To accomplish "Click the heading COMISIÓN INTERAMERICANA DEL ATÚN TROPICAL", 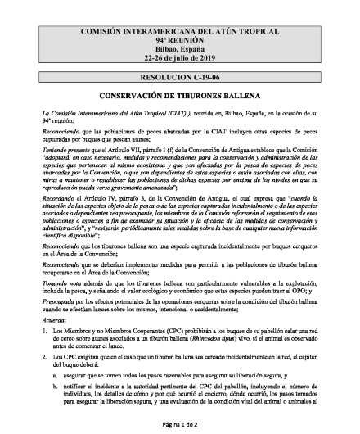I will click(x=180, y=30).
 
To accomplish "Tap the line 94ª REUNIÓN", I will click(x=180, y=39).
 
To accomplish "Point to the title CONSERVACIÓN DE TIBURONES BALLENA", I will click(x=180, y=93).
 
